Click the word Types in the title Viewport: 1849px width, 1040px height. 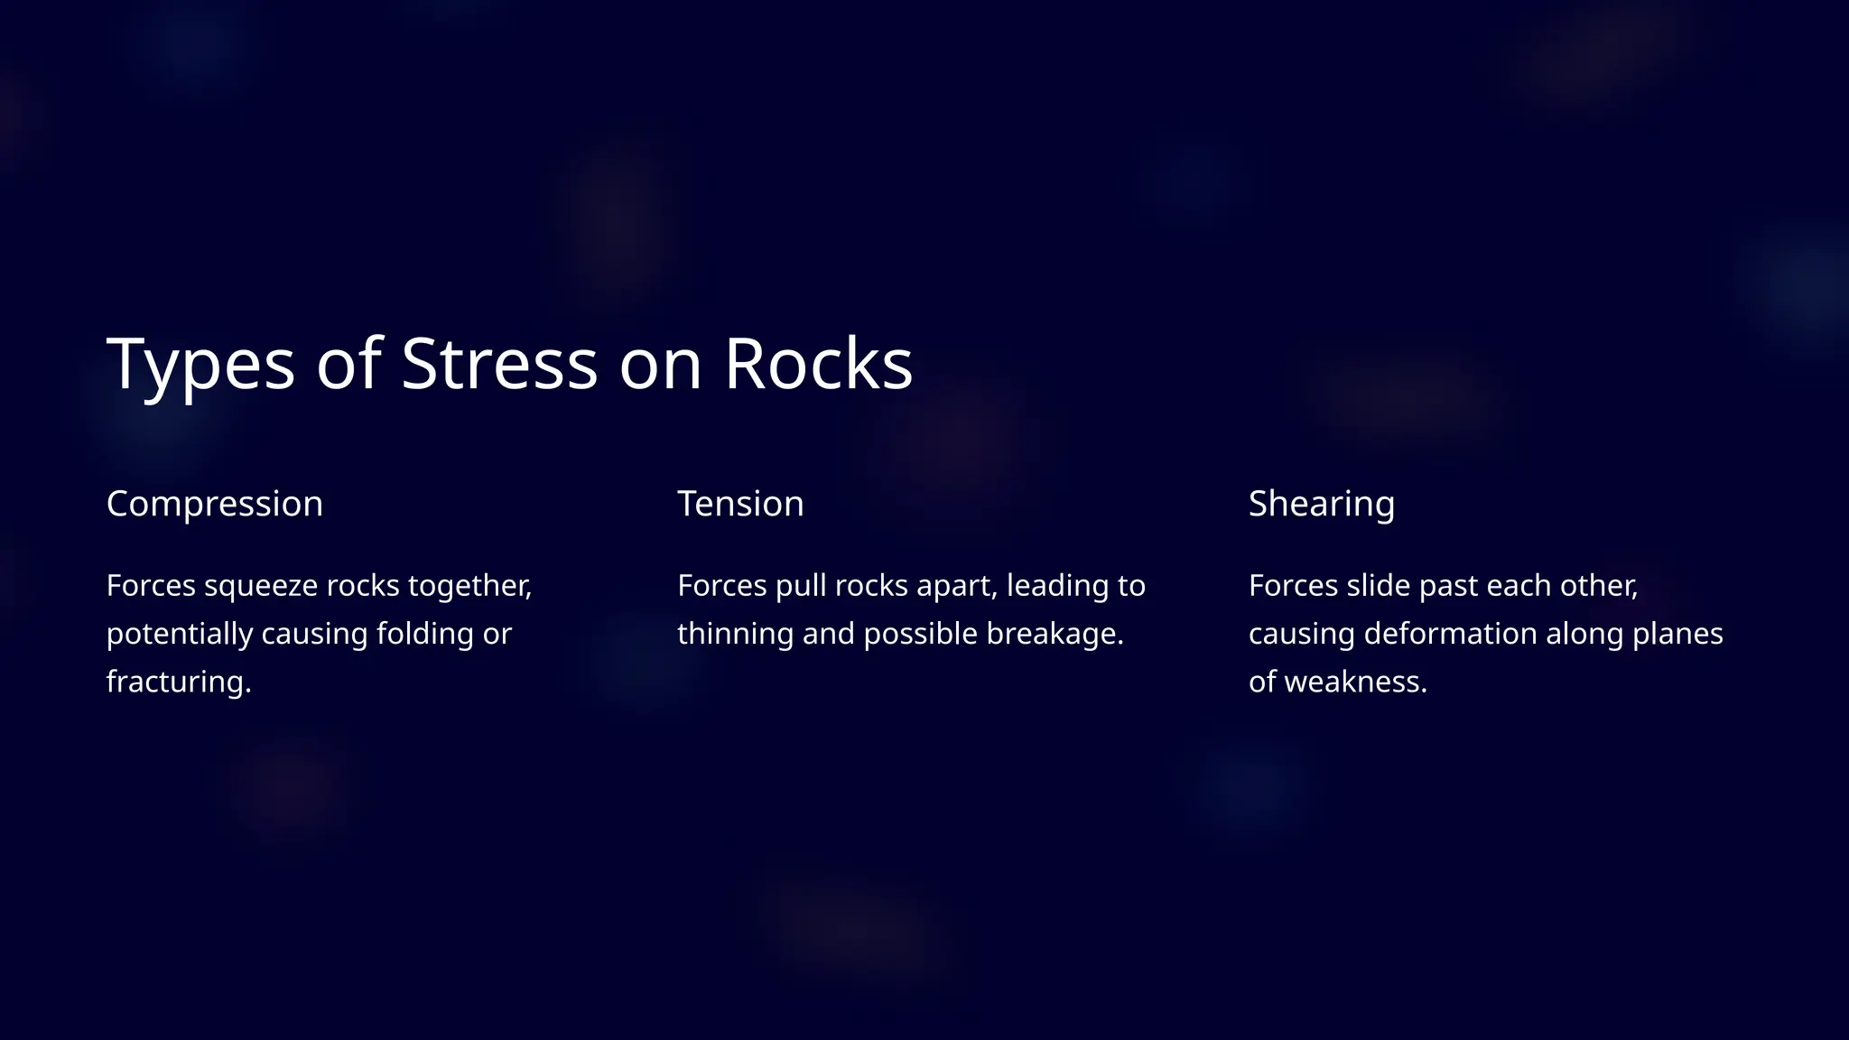pyautogui.click(x=200, y=364)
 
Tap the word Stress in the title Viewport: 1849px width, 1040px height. pyautogui.click(x=498, y=364)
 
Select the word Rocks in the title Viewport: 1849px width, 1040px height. pyautogui.click(x=818, y=364)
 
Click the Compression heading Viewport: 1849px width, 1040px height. pyautogui.click(x=214, y=504)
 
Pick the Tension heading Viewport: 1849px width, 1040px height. pyautogui.click(x=740, y=504)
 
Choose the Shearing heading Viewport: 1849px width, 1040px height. pyautogui.click(x=1321, y=504)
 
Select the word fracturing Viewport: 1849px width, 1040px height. pyautogui.click(x=178, y=682)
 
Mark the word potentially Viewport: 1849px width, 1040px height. pyautogui.click(x=179, y=634)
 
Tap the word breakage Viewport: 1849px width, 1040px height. pyautogui.click(x=1054, y=634)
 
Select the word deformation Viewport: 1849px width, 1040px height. pyautogui.click(x=1450, y=634)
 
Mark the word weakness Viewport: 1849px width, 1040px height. pyautogui.click(x=1355, y=682)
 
